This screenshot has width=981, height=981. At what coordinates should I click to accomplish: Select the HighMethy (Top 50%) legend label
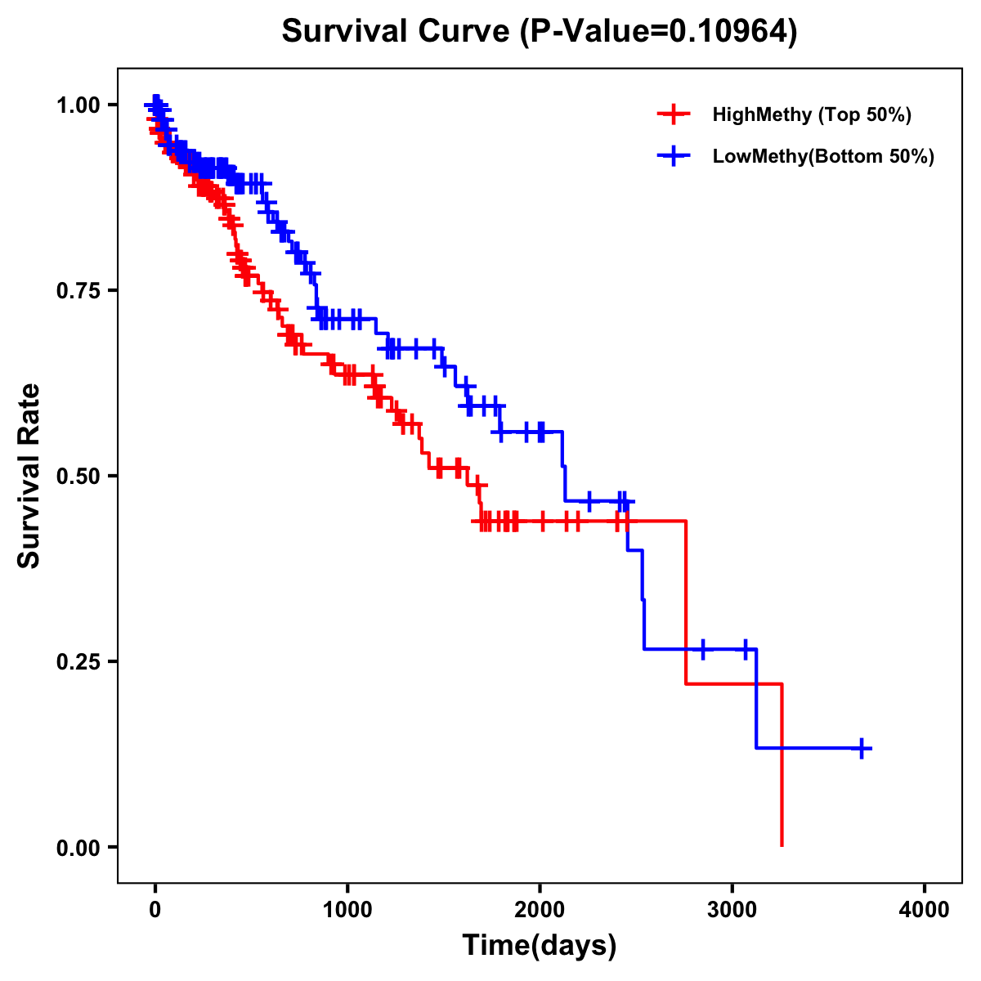(x=811, y=114)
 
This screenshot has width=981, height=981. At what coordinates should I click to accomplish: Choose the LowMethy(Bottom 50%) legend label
(x=822, y=157)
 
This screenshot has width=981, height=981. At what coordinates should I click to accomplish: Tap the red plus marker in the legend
(x=674, y=114)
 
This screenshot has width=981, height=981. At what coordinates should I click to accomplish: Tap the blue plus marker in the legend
(x=674, y=157)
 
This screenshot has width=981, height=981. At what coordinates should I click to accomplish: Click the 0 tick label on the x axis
(x=155, y=909)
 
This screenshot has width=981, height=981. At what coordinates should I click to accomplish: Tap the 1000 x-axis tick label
(x=347, y=909)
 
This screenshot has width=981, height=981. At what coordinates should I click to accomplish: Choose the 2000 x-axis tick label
(x=540, y=909)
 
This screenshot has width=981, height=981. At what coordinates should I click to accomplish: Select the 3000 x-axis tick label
(x=732, y=909)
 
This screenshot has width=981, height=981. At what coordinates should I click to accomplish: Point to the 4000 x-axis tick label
(x=925, y=909)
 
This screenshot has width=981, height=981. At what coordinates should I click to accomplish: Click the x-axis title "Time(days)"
(x=540, y=946)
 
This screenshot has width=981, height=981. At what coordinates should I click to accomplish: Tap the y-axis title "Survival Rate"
(x=29, y=476)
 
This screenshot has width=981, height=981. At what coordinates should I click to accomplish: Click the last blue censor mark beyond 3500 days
(x=862, y=748)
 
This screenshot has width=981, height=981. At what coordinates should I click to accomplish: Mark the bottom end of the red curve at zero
(x=782, y=844)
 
